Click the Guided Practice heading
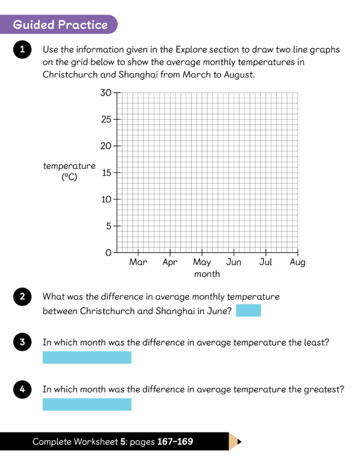point(60,25)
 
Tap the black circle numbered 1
point(22,50)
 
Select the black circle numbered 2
point(22,296)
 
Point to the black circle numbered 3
point(22,342)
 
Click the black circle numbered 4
point(22,389)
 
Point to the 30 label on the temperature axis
point(106,93)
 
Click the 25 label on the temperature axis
point(106,120)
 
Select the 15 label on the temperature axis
point(106,173)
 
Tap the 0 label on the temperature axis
point(108,253)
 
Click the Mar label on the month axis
point(138,263)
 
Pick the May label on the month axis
point(202,263)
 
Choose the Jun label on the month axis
point(233,263)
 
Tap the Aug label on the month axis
point(297,263)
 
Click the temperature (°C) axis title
point(69,171)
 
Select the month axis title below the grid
point(207,274)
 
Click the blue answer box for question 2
point(248,310)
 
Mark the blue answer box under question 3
point(87,357)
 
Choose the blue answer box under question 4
point(87,404)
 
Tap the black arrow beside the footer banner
point(239,442)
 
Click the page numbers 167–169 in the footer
point(175,442)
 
